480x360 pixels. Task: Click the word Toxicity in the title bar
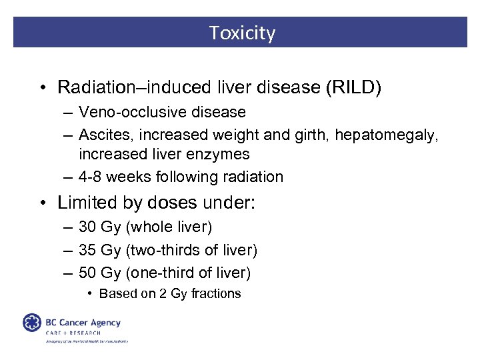[x=242, y=33]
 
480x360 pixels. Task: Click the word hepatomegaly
[x=385, y=135]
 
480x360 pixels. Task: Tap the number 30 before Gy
[x=88, y=227]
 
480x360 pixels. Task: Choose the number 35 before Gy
[x=88, y=250]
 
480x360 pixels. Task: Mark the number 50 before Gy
[x=88, y=272]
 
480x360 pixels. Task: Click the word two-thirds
[x=162, y=250]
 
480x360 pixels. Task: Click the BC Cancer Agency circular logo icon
[x=32, y=323]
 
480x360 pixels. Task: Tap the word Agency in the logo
[x=105, y=323]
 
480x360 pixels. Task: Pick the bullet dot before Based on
[x=90, y=294]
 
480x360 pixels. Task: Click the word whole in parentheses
[x=151, y=227]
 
